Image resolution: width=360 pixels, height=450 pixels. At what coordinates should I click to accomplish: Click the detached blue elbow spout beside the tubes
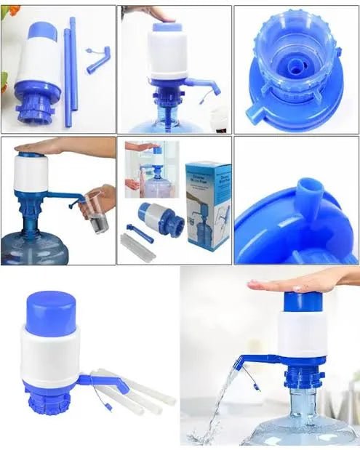point(97,59)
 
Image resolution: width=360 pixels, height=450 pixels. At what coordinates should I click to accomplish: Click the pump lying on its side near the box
point(153,217)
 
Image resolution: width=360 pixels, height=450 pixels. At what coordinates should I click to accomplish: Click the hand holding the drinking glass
point(105,196)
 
